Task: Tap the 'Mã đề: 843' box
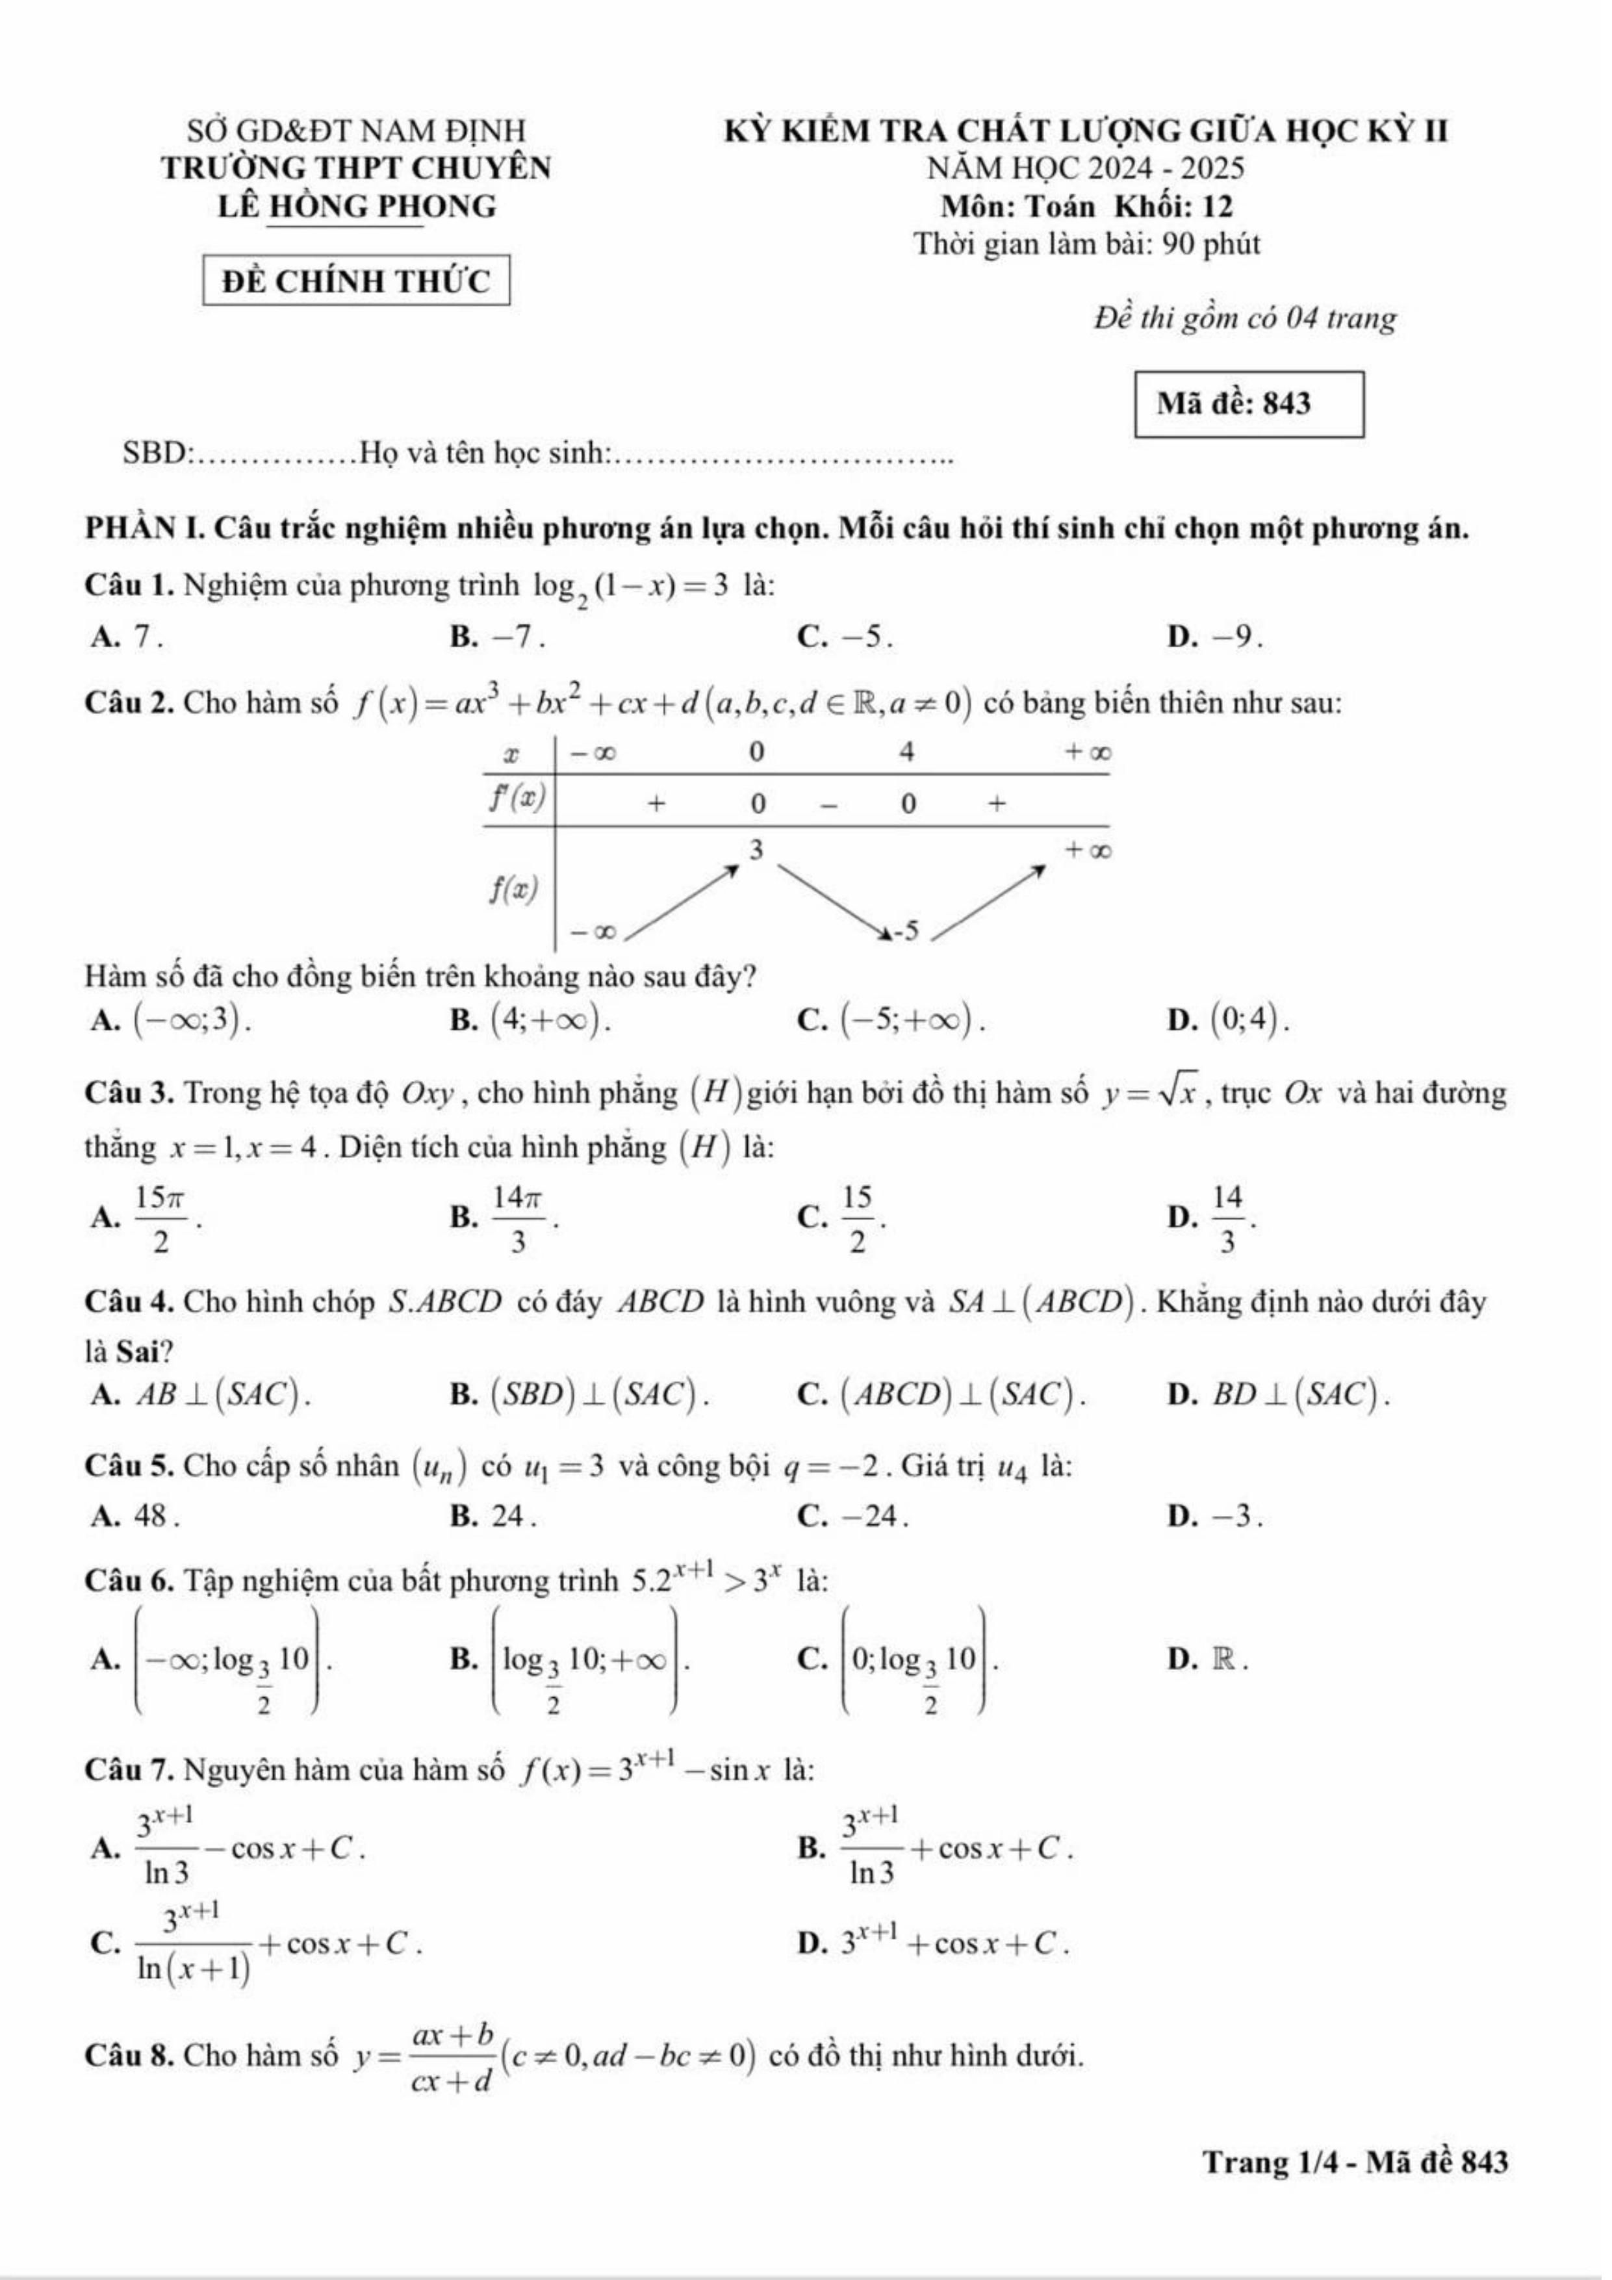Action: pos(1249,404)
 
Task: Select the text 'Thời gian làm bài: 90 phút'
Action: pos(1086,244)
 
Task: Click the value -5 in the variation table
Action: pos(908,930)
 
